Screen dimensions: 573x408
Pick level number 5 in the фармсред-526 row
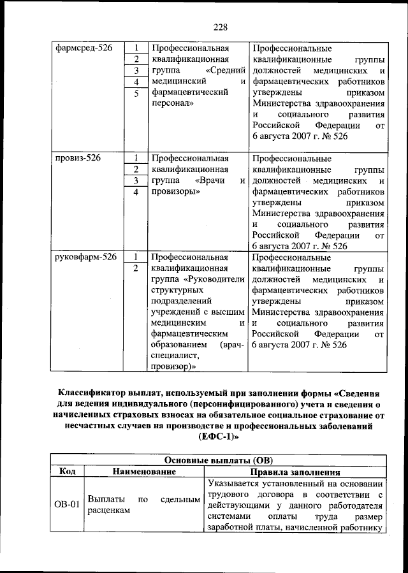point(136,94)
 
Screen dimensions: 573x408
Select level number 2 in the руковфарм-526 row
point(136,268)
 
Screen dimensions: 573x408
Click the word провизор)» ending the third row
point(173,366)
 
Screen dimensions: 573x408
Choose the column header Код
point(68,472)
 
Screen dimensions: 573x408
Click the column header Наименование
point(144,472)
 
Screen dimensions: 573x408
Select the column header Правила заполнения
point(295,472)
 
